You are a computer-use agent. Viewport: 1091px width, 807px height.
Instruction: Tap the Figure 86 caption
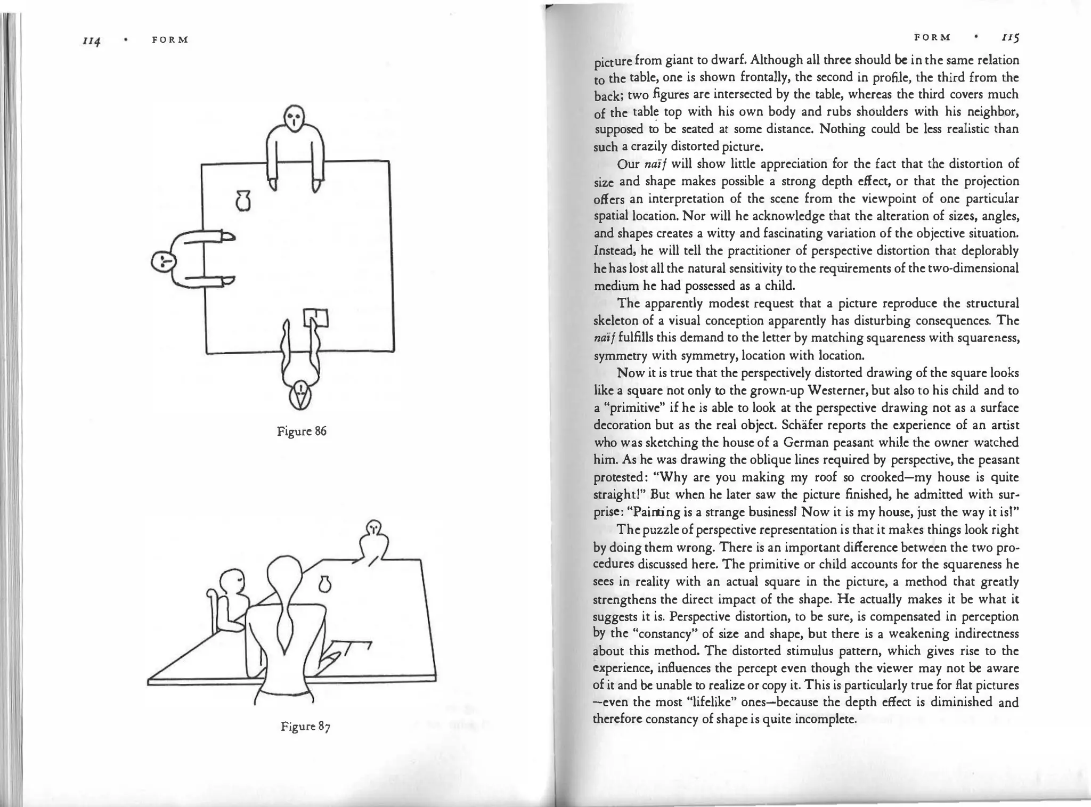click(x=302, y=431)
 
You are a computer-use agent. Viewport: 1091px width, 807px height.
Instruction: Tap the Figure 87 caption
click(x=306, y=727)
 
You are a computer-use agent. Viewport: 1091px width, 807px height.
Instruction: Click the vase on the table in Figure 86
click(x=243, y=201)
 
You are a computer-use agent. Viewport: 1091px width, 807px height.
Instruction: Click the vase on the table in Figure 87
click(x=325, y=584)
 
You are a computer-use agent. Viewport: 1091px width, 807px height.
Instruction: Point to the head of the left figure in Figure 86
click(x=163, y=262)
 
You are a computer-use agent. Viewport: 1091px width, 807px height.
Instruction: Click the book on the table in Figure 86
click(x=316, y=318)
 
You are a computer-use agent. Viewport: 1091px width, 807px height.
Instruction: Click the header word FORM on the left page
click(x=170, y=40)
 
